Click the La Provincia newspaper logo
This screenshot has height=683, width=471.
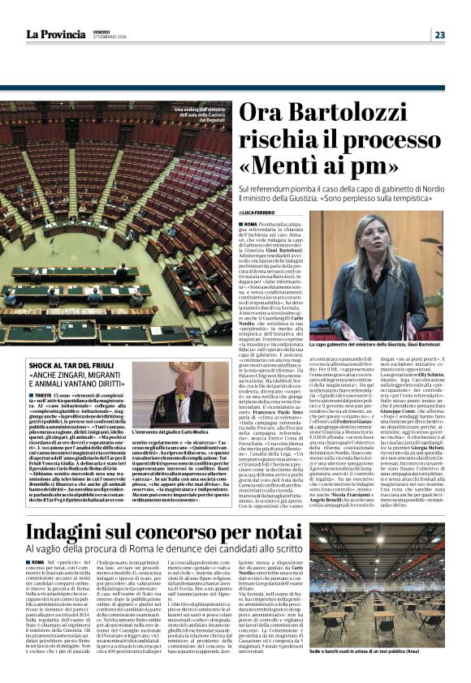58,34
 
